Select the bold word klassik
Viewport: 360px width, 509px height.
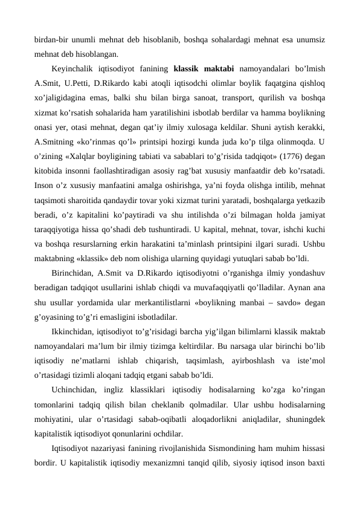187,68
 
